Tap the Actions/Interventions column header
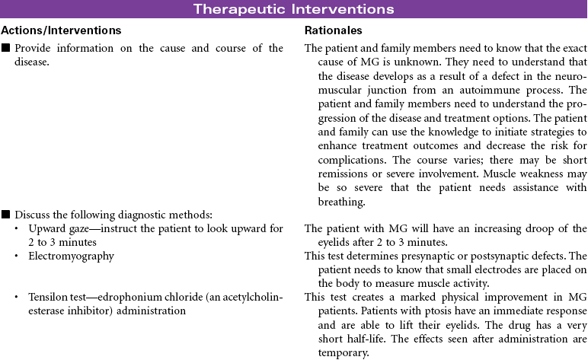click(x=61, y=30)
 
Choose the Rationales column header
click(x=333, y=30)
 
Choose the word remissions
click(x=335, y=173)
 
